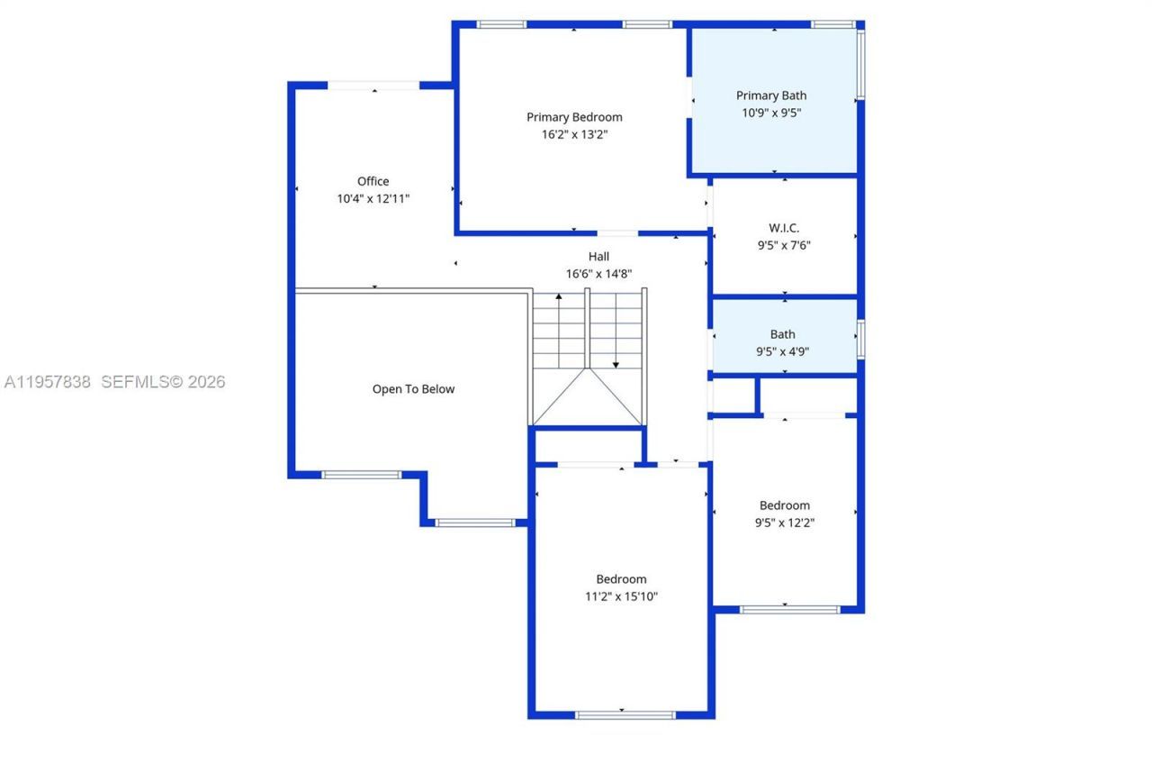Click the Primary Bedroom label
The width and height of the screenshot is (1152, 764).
click(x=574, y=117)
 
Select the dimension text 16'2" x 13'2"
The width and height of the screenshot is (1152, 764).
click(x=574, y=134)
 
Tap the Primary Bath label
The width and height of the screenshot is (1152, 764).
click(x=771, y=95)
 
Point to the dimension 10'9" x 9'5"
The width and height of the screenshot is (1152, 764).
click(x=771, y=113)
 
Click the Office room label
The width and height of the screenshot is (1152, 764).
click(x=373, y=181)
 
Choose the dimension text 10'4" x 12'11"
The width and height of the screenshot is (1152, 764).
click(x=373, y=198)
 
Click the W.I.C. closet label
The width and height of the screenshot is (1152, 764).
click(x=784, y=228)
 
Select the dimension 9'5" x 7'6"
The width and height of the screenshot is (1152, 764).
click(x=784, y=245)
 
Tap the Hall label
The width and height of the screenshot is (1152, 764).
click(x=598, y=257)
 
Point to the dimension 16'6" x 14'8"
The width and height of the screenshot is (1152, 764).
click(x=598, y=274)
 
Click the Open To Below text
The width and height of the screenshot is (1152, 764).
click(x=413, y=389)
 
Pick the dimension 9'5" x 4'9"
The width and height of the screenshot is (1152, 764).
click(x=782, y=352)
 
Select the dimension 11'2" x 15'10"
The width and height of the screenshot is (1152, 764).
click(x=621, y=596)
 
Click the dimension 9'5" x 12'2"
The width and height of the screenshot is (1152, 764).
click(x=784, y=523)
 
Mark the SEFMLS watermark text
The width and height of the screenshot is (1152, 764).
click(x=163, y=382)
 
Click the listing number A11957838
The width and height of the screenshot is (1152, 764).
click(x=48, y=382)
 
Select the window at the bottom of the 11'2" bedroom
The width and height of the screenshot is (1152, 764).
click(x=625, y=715)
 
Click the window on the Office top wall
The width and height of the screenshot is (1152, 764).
click(x=373, y=86)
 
